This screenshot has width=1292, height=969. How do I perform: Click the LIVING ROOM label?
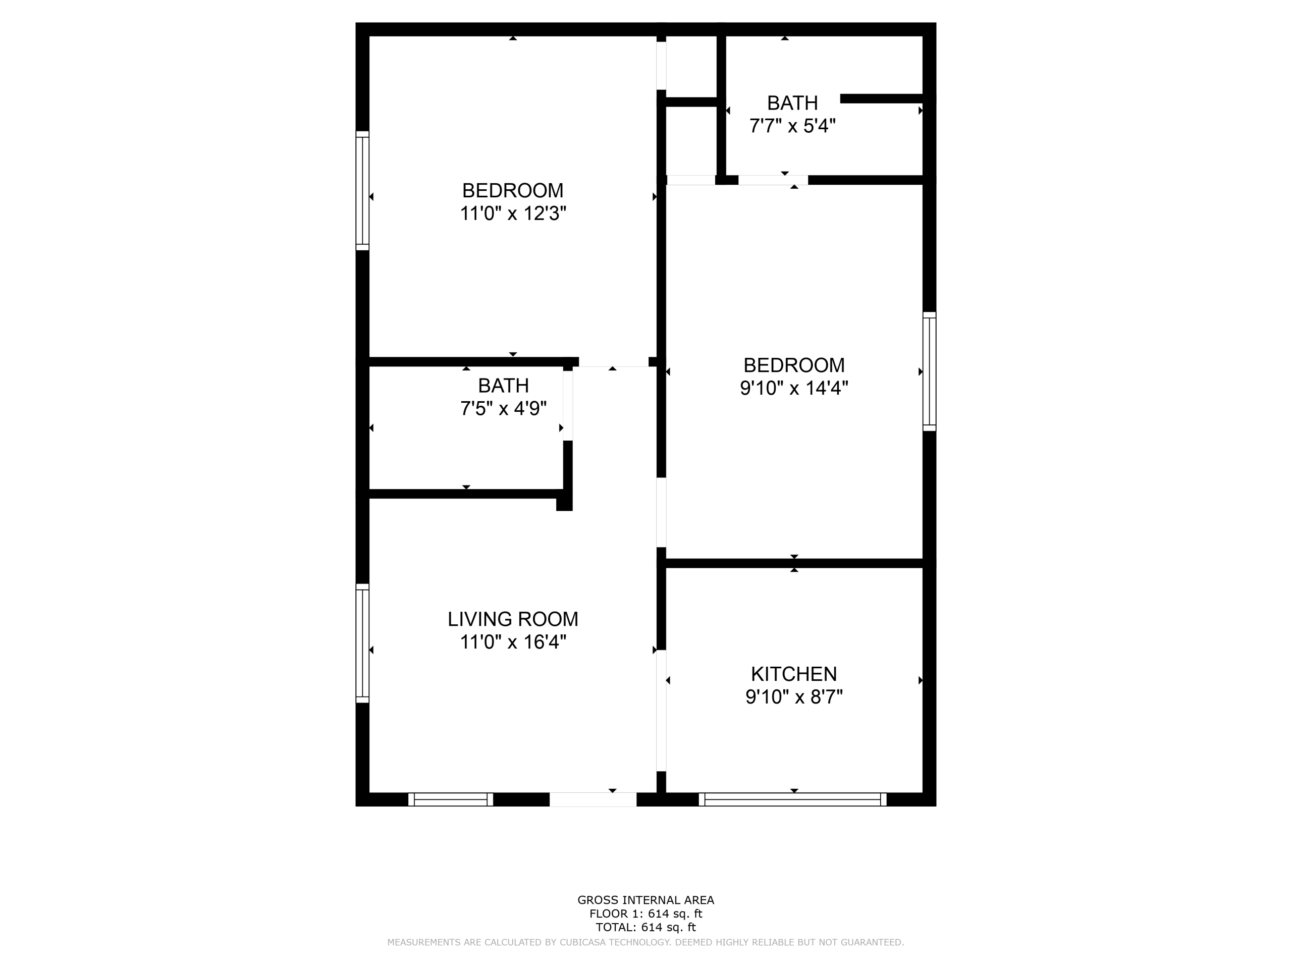point(513,619)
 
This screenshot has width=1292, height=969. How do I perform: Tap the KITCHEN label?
point(794,674)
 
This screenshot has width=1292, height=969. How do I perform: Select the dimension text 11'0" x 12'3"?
point(513,214)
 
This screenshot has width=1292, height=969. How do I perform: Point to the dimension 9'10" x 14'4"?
point(794,388)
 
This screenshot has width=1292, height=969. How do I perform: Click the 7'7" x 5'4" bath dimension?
point(792,126)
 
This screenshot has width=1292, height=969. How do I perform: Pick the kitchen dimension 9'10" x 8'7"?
point(794,697)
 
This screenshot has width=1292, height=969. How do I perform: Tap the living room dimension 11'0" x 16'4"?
point(513,642)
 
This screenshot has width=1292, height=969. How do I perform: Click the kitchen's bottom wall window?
point(792,799)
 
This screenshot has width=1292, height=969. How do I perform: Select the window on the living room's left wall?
point(363,643)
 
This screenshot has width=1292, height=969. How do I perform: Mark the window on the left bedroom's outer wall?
point(363,191)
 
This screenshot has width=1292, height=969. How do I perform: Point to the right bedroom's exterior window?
point(929,371)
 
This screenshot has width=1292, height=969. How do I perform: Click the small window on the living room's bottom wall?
point(450,799)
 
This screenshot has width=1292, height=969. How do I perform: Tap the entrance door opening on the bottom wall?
point(593,799)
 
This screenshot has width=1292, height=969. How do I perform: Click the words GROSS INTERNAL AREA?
point(645,900)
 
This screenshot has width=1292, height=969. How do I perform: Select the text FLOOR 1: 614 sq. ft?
point(645,914)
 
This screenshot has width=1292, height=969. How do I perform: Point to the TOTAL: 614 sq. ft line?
point(645,928)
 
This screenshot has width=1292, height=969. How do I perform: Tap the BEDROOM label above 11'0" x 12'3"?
point(513,190)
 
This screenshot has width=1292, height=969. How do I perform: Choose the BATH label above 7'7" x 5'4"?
point(792,103)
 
